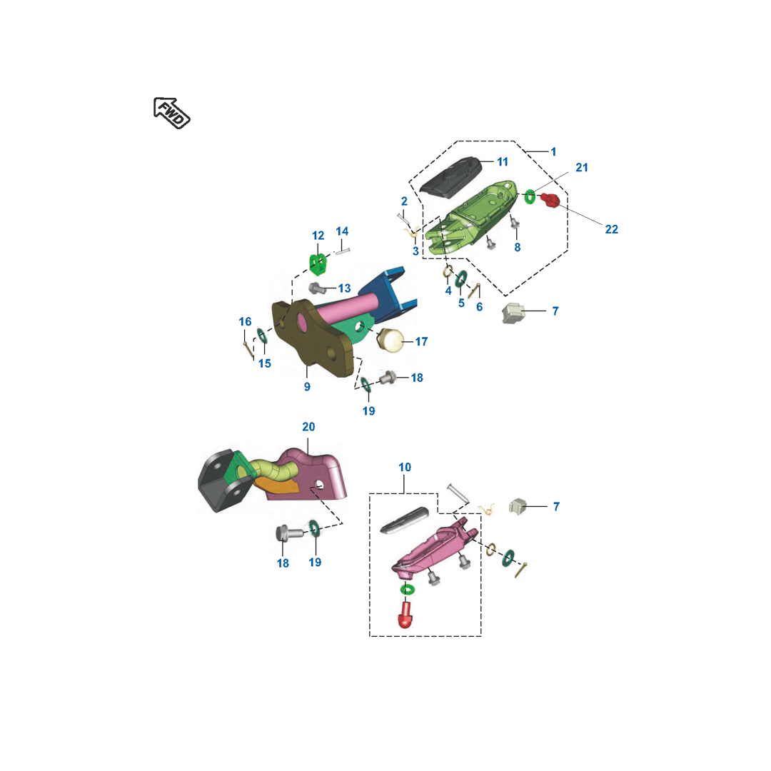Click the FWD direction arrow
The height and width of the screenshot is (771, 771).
[171, 113]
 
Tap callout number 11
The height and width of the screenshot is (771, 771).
[503, 162]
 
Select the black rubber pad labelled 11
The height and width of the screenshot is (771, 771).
[450, 178]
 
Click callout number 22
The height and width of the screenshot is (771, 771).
[612, 229]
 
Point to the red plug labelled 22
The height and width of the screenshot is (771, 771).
[550, 200]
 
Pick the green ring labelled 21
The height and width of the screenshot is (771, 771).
[530, 196]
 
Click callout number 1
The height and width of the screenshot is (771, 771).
[554, 152]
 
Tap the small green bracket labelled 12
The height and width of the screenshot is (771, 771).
[318, 263]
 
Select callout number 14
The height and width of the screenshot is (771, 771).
[342, 231]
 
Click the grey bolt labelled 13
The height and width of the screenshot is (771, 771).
[317, 288]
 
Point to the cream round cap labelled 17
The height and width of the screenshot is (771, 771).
[390, 341]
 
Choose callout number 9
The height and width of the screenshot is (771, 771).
[307, 386]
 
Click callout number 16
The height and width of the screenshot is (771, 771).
[245, 321]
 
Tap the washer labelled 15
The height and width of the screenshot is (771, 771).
[263, 336]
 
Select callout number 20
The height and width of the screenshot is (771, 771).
[308, 427]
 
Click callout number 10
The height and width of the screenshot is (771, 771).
[405, 467]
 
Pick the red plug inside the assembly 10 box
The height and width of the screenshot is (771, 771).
[405, 615]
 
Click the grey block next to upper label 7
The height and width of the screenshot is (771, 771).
[513, 313]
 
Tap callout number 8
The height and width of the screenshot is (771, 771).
[518, 247]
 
